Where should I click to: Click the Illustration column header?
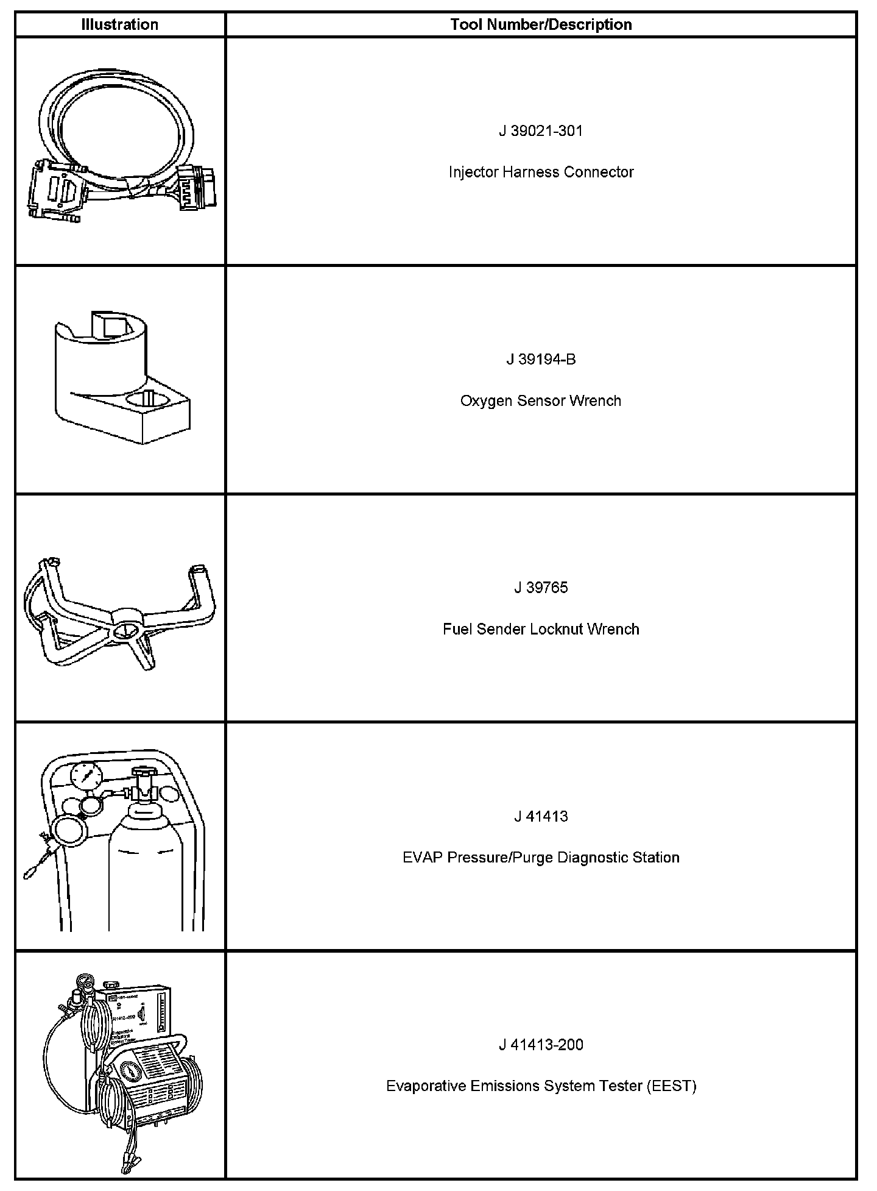(120, 25)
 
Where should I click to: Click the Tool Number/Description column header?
(541, 25)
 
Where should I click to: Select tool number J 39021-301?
(541, 131)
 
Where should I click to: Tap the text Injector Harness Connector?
(541, 172)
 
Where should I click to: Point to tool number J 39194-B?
(541, 360)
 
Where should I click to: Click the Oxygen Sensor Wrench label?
(541, 401)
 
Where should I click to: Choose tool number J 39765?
(541, 588)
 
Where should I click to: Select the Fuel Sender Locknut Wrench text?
(541, 630)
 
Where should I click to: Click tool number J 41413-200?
(541, 1045)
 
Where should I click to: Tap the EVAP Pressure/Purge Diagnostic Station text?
(541, 858)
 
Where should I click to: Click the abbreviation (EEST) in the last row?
(672, 1087)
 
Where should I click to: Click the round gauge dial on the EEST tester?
(129, 1073)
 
